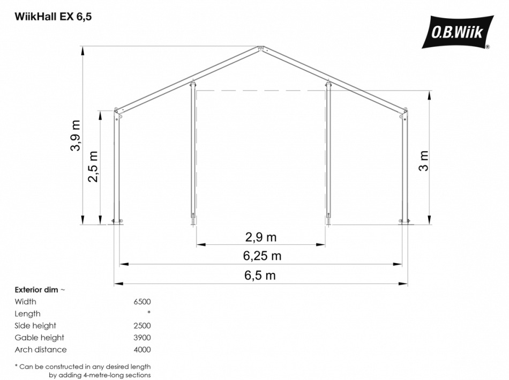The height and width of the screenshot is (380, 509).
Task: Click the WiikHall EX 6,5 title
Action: (x=54, y=17)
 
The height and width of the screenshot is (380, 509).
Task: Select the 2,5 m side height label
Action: (x=93, y=167)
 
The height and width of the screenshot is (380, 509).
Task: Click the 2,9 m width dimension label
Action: (x=261, y=237)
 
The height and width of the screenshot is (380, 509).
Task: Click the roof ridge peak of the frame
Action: (x=261, y=48)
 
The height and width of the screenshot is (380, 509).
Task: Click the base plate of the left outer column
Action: (x=116, y=221)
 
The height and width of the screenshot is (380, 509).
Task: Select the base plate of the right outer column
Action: (x=405, y=221)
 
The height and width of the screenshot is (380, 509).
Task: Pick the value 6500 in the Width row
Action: (x=142, y=302)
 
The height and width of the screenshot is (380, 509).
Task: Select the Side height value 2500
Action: (x=142, y=325)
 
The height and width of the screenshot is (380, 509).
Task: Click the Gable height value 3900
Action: (x=142, y=338)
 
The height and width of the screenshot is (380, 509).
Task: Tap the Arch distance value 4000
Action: (x=142, y=349)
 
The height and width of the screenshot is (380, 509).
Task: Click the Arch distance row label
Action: (x=41, y=349)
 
